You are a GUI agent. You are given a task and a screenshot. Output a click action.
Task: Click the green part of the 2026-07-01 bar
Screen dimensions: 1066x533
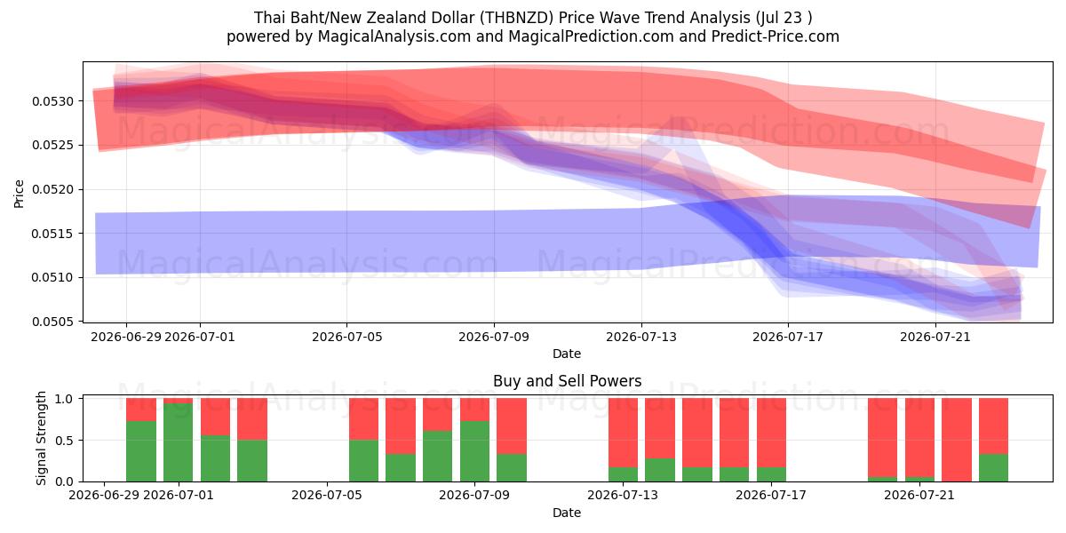pyautogui.click(x=178, y=442)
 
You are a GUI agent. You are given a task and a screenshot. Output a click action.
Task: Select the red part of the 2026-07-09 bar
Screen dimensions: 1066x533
pyautogui.click(x=474, y=410)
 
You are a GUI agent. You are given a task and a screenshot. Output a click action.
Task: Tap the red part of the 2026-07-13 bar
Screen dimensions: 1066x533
pyautogui.click(x=623, y=433)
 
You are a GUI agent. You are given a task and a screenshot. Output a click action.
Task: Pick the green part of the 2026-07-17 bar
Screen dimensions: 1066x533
pyautogui.click(x=771, y=474)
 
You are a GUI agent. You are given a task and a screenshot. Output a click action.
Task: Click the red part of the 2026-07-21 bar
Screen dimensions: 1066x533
pyautogui.click(x=919, y=437)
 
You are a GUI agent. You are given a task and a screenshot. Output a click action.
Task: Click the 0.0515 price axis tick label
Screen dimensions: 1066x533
pyautogui.click(x=52, y=234)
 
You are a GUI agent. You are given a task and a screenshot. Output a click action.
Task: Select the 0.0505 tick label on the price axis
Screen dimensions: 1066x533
pyautogui.click(x=52, y=322)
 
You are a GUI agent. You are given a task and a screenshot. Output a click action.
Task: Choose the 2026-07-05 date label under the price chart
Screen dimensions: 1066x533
pyautogui.click(x=347, y=337)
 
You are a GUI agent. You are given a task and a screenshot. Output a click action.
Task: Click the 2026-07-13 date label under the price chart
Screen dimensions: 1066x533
pyautogui.click(x=641, y=337)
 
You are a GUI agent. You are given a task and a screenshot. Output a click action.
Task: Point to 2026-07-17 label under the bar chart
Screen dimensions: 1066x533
pyautogui.click(x=771, y=495)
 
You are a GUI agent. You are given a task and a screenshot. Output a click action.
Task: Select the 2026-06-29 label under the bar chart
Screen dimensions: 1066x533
pyautogui.click(x=104, y=495)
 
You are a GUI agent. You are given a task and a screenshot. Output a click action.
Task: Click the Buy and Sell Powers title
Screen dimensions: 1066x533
pyautogui.click(x=568, y=381)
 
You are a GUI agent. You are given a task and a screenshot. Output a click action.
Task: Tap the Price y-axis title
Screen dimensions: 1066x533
pyautogui.click(x=19, y=194)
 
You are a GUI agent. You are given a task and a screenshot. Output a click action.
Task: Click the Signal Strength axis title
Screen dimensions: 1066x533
pyautogui.click(x=41, y=438)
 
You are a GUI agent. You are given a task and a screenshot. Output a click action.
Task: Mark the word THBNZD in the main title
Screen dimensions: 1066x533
pyautogui.click(x=516, y=18)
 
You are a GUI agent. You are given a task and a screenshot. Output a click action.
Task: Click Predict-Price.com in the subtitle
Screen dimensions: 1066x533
pyautogui.click(x=776, y=36)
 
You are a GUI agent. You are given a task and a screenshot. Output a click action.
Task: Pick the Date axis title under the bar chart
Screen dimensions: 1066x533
pyautogui.click(x=567, y=513)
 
